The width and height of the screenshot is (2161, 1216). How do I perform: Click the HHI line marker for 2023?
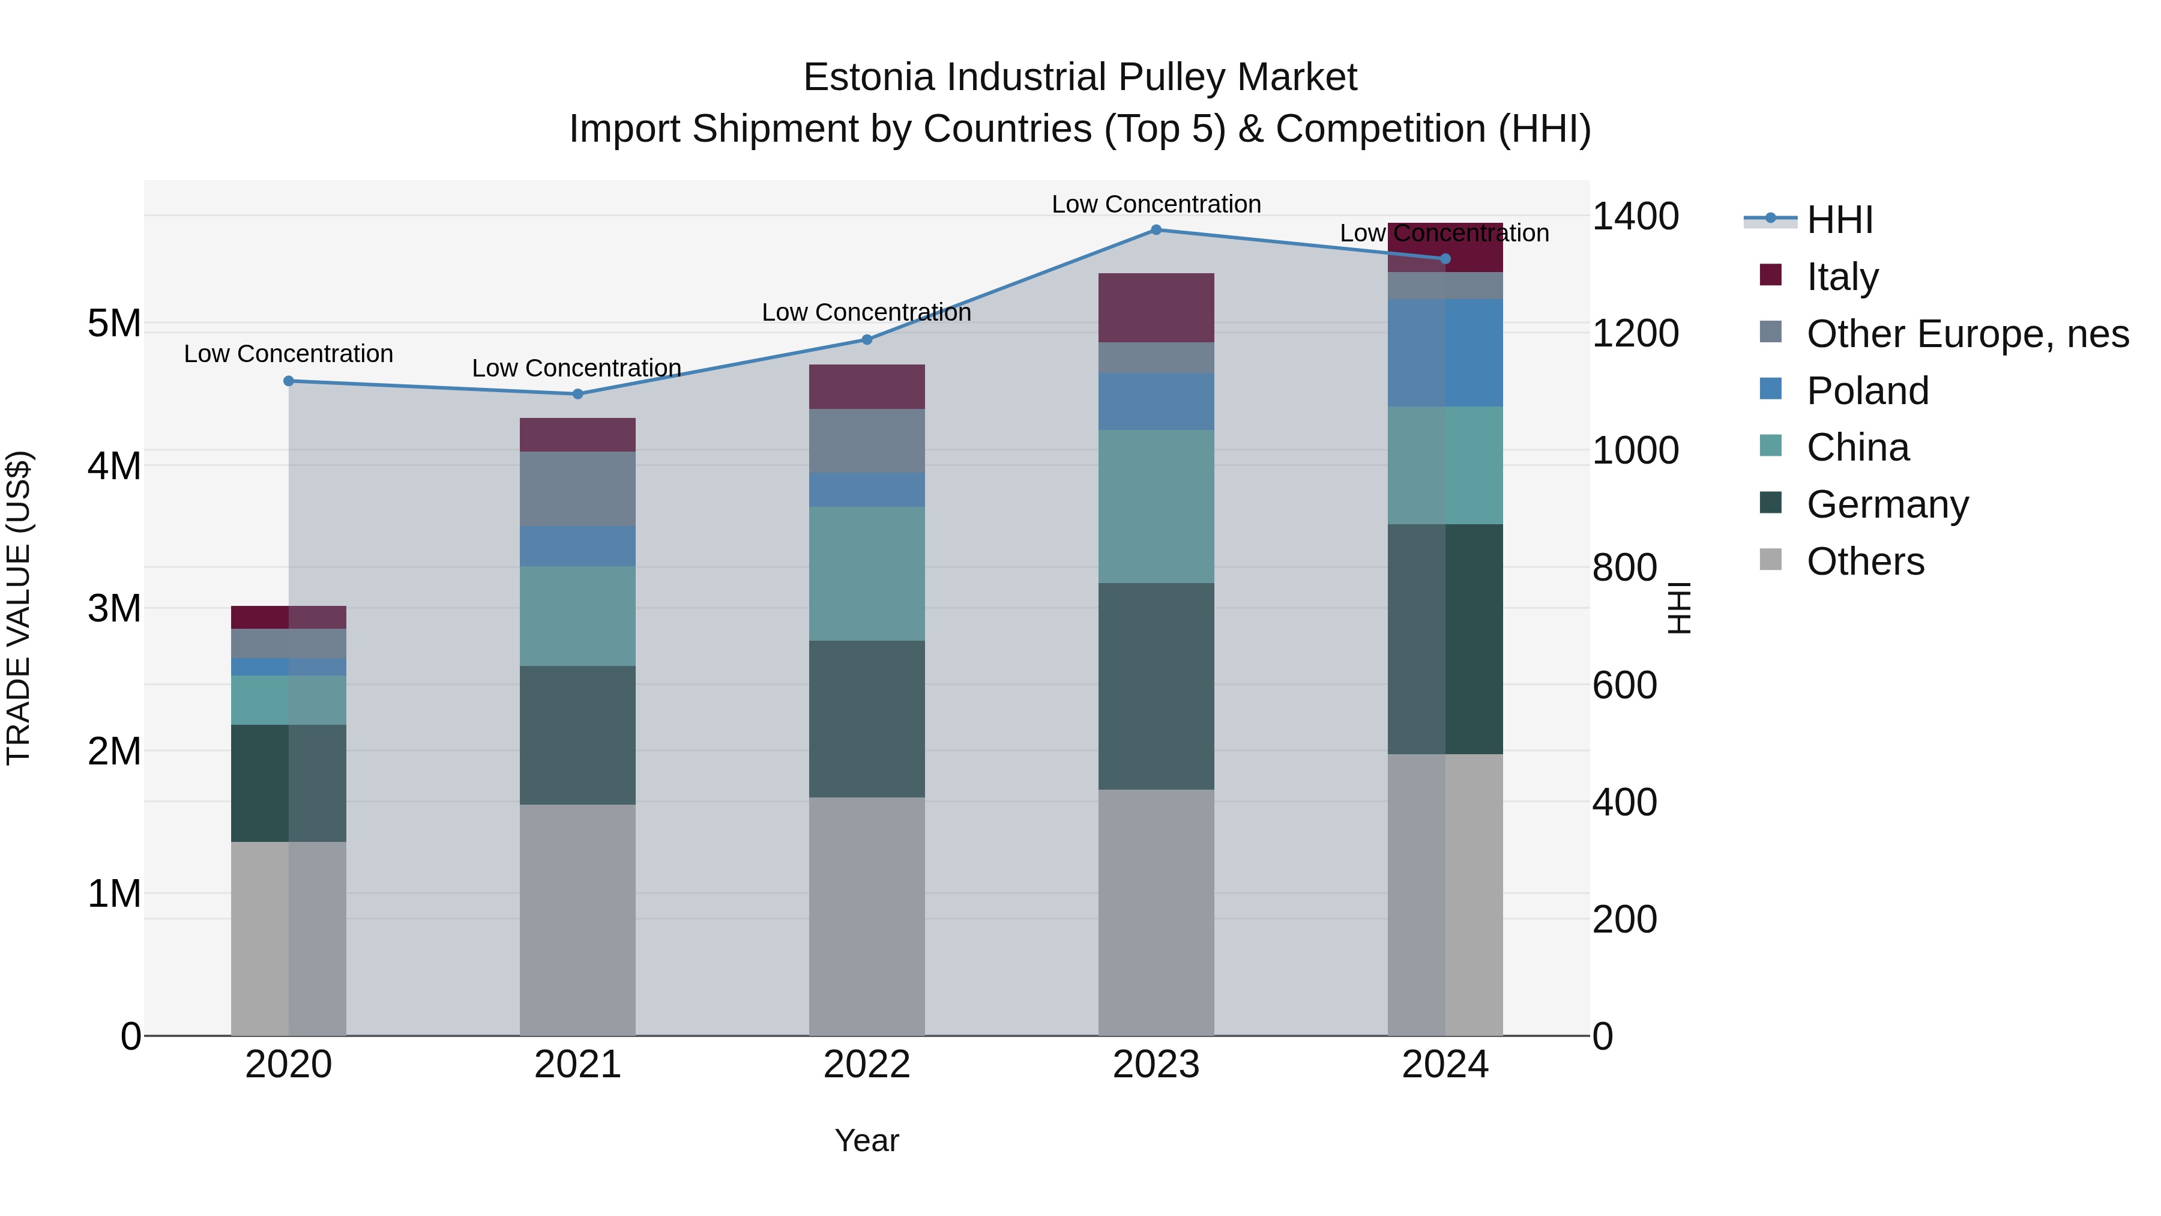(x=1156, y=230)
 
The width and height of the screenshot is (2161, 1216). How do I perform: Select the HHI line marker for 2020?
(x=289, y=381)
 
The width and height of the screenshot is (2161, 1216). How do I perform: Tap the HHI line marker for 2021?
(x=577, y=393)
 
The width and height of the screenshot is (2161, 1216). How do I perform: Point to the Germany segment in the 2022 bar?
(x=867, y=719)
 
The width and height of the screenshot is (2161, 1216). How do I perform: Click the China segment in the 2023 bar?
(x=1156, y=507)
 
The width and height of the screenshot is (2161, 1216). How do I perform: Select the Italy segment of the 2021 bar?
(x=577, y=435)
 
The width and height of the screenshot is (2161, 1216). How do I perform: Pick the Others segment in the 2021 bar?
(x=577, y=920)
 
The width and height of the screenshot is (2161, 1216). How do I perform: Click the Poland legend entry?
(x=1867, y=391)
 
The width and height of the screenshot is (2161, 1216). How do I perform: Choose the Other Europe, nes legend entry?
(x=1967, y=334)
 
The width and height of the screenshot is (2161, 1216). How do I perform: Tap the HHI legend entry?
(x=1839, y=220)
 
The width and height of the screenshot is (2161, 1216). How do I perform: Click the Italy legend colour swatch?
(x=1770, y=275)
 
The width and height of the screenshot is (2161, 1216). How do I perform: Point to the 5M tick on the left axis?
(x=115, y=324)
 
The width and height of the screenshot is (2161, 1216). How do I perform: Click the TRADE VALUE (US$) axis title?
(x=19, y=608)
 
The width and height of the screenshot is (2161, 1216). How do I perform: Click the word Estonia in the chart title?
(x=869, y=77)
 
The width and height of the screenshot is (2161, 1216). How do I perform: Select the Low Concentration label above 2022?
(x=867, y=312)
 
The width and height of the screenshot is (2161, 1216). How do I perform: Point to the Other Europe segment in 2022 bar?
(x=867, y=441)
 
